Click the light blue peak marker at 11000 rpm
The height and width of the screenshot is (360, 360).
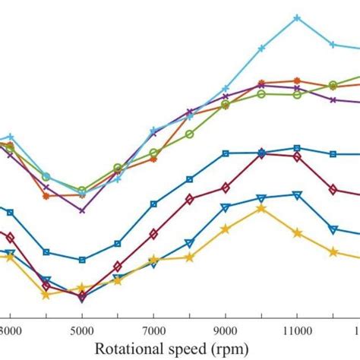coord(297,17)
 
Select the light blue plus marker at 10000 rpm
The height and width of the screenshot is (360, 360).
coord(261,48)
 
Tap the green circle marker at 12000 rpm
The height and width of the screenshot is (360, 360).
coord(333,84)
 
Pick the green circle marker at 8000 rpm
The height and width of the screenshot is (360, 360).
coord(189,134)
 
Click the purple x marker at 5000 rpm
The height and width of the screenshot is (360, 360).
coord(82,210)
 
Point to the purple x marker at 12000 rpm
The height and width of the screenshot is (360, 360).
coord(333,99)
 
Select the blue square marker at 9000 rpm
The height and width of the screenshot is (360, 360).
coord(225,153)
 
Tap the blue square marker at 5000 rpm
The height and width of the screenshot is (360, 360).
coord(82,259)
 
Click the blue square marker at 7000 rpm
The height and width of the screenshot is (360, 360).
coord(153,204)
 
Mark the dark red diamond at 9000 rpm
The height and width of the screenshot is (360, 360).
coord(225,188)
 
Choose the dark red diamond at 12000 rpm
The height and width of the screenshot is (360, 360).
coord(333,188)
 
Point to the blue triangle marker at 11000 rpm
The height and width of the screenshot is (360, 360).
coord(297,195)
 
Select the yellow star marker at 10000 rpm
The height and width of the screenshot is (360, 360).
coord(261,207)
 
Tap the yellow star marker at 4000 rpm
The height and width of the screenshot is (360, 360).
coord(46,294)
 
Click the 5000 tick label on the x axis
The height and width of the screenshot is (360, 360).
coord(82,331)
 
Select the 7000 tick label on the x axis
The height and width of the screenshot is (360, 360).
coord(153,331)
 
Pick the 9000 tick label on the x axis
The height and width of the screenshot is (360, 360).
coord(225,331)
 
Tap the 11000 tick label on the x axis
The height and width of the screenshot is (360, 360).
coord(297,331)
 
